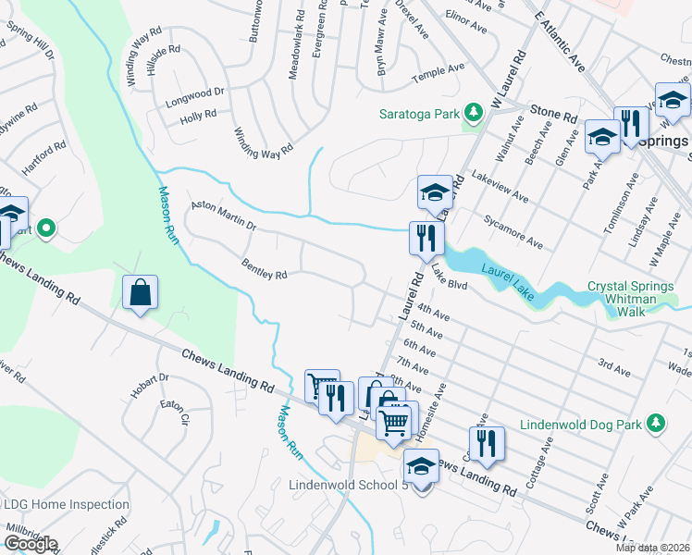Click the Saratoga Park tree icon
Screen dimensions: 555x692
click(474, 114)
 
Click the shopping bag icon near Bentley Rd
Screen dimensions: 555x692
click(140, 293)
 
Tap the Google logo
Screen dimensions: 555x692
click(31, 543)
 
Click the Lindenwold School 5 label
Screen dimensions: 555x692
click(348, 485)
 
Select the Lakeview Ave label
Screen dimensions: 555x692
click(500, 185)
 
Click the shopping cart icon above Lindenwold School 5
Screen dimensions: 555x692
click(396, 421)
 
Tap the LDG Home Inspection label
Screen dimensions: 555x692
click(67, 504)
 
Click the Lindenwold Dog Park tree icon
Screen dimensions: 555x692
click(656, 423)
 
